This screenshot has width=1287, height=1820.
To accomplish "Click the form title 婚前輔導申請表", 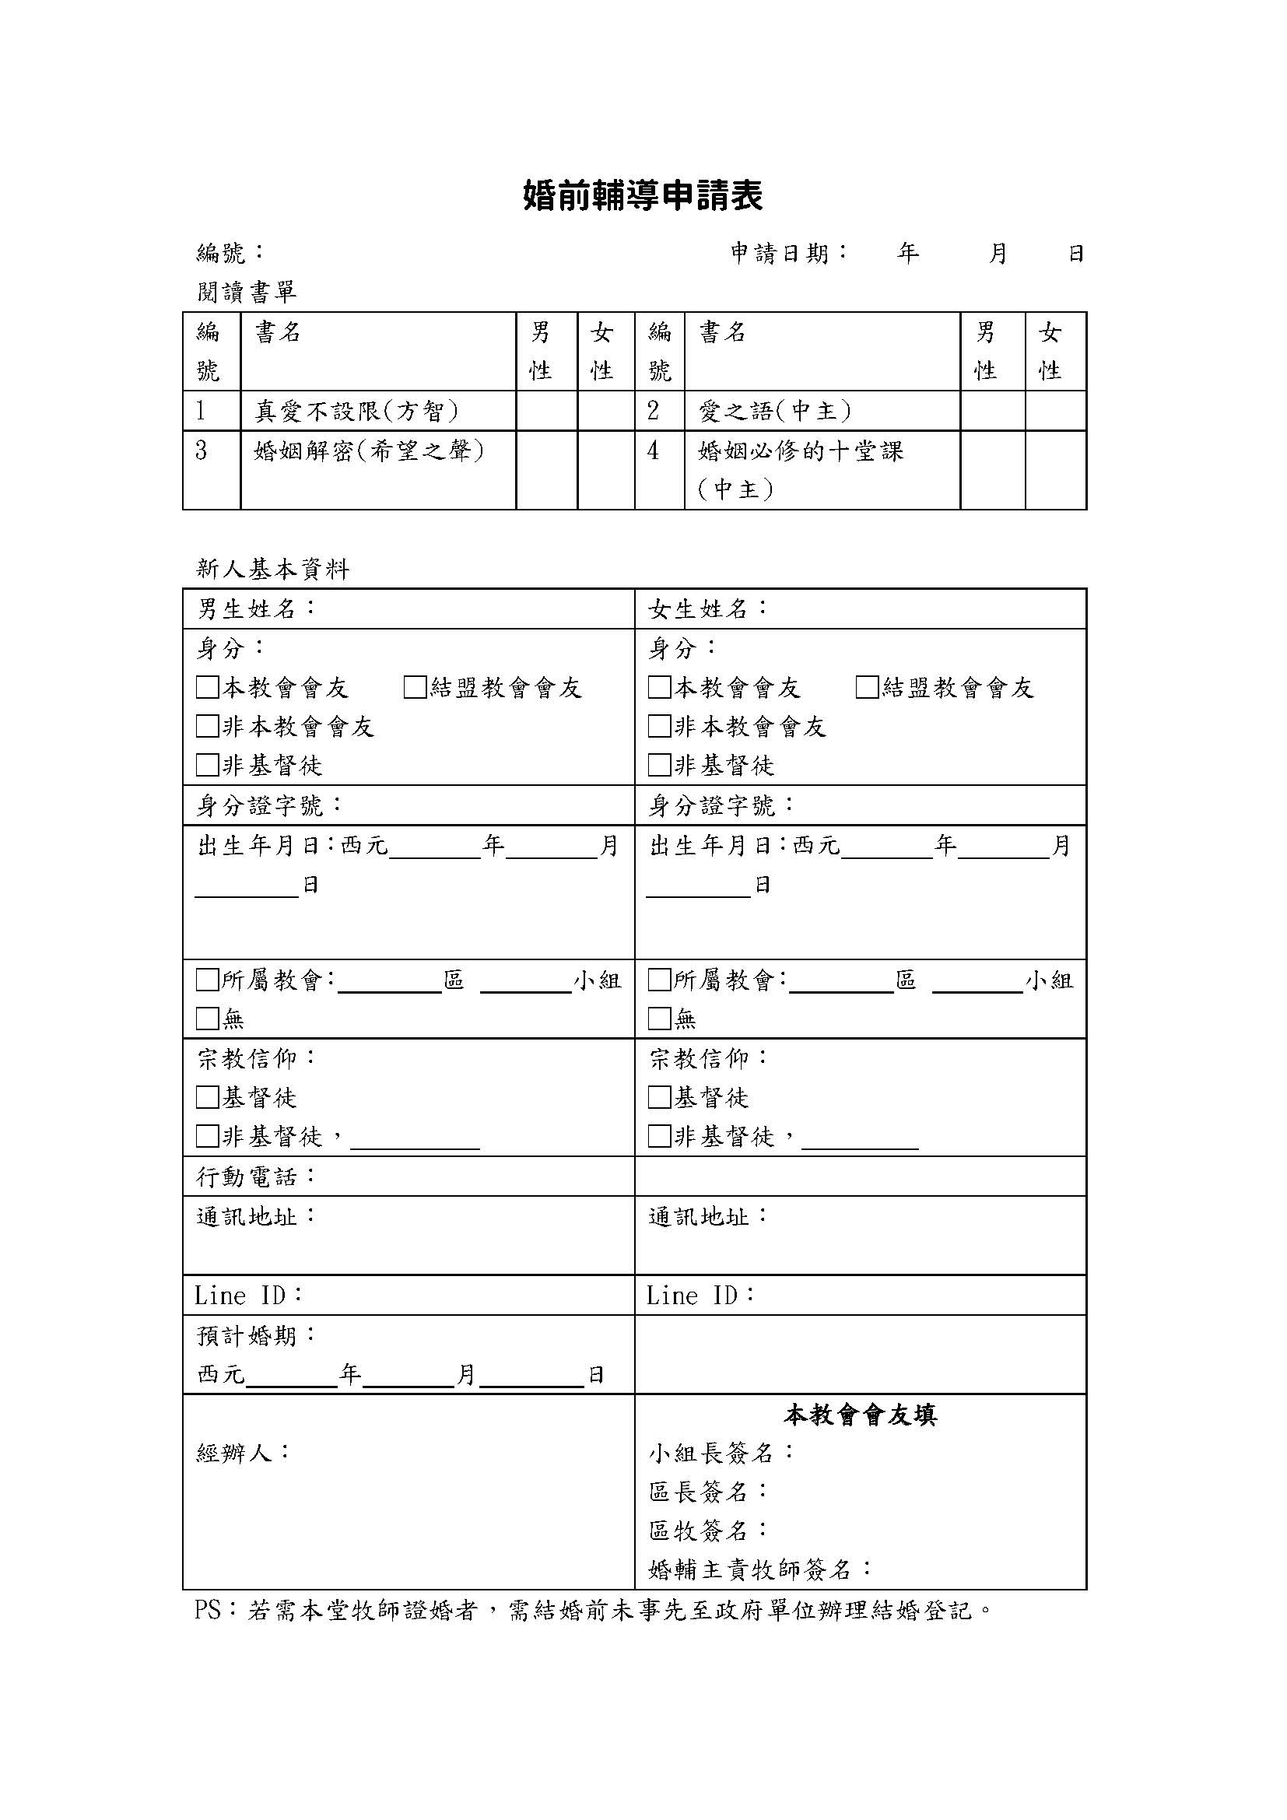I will [x=643, y=196].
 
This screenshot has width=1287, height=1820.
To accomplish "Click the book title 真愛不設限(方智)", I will [x=356, y=411].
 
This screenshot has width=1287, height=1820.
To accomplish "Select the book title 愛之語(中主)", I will [x=775, y=411].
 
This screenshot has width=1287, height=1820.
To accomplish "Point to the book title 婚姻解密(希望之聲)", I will [x=370, y=451].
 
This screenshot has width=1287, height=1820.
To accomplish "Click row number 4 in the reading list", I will [x=653, y=451].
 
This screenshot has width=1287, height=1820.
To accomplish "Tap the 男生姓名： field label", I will [x=256, y=608].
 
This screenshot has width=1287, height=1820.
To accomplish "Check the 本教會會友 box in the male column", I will [x=207, y=687].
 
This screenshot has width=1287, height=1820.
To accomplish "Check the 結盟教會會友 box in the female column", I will [x=867, y=687].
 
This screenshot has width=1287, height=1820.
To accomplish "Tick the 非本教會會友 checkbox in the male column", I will [x=207, y=726].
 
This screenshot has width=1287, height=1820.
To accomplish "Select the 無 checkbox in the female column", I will [x=659, y=1019].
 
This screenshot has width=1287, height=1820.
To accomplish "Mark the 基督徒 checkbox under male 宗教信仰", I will [x=207, y=1097].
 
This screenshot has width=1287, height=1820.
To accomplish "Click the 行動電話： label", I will [x=256, y=1177].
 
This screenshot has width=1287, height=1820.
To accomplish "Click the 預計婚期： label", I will [x=256, y=1336].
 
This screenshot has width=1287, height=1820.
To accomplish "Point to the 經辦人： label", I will [x=244, y=1452].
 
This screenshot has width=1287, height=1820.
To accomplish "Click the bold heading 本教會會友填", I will [x=860, y=1415].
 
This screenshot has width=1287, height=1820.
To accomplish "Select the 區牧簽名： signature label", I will [x=707, y=1530].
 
